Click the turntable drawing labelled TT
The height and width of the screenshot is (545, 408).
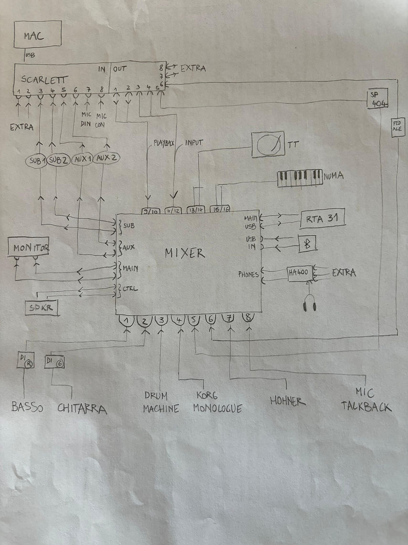click(267, 144)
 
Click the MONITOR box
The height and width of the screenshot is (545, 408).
click(29, 248)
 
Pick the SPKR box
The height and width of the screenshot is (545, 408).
click(42, 308)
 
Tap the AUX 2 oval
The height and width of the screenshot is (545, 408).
click(106, 157)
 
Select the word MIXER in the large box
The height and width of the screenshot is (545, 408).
click(185, 253)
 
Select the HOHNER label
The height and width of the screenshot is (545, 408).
click(287, 401)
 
